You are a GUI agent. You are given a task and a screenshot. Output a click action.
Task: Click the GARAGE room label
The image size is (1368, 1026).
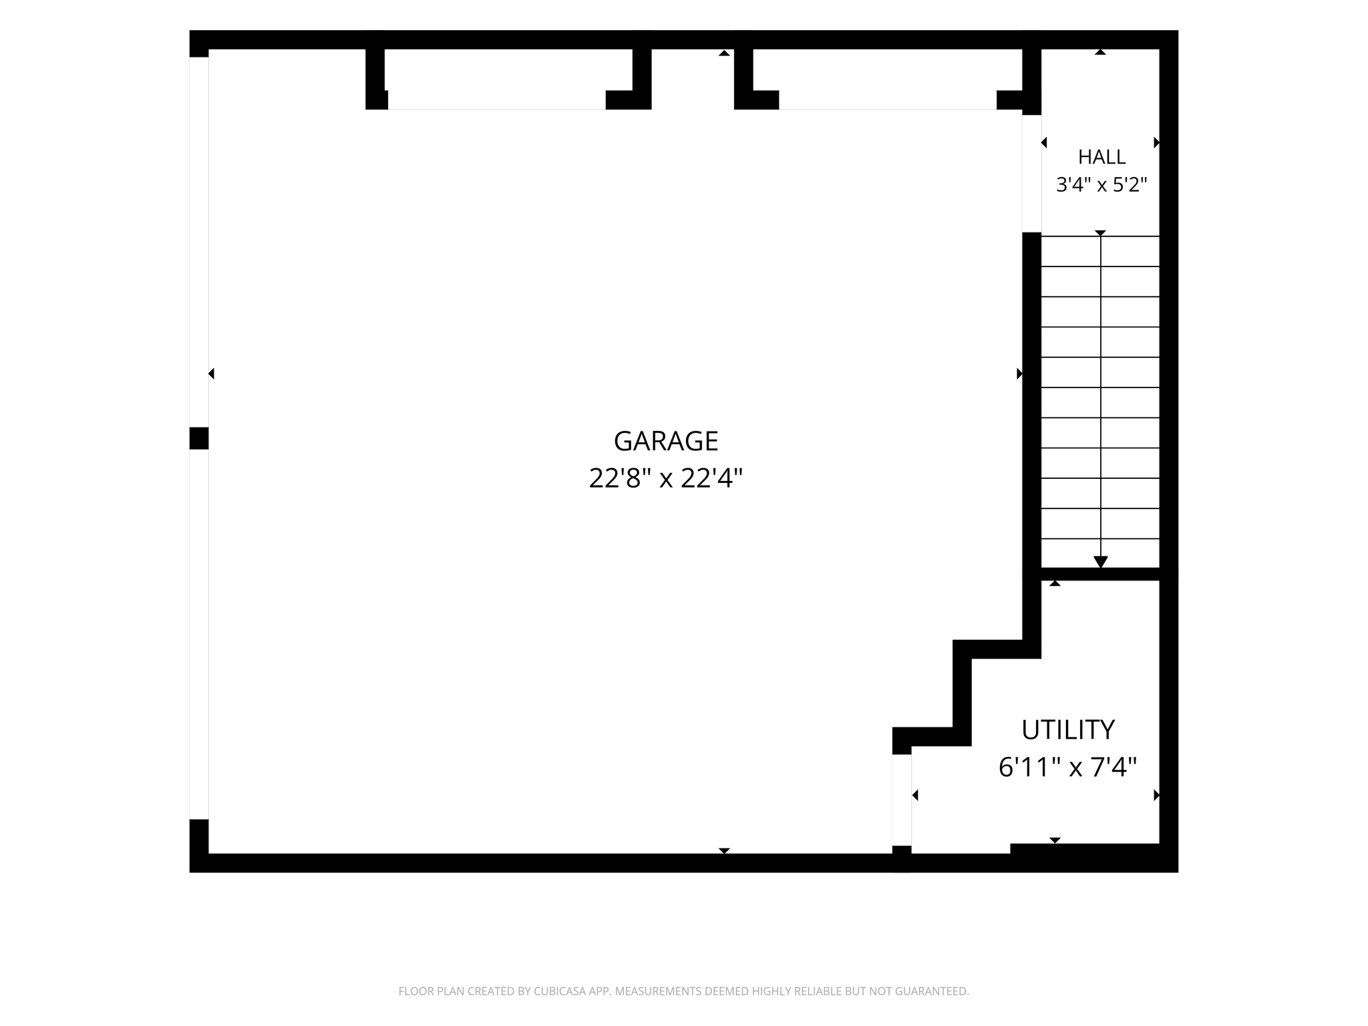tap(666, 442)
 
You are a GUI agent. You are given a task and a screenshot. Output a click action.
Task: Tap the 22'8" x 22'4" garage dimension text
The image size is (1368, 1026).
tap(666, 478)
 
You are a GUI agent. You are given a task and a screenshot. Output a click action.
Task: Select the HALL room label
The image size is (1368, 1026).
tap(1101, 157)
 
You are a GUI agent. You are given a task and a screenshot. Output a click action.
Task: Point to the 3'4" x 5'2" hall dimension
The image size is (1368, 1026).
tap(1101, 184)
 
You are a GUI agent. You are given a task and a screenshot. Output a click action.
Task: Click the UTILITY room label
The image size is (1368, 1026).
tap(1068, 730)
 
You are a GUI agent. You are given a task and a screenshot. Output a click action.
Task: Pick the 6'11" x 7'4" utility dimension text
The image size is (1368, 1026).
tap(1067, 767)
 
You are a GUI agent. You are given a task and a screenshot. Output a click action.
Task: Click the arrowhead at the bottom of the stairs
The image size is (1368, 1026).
tap(1101, 562)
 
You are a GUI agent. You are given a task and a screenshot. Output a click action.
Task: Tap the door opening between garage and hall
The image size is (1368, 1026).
tap(1031, 174)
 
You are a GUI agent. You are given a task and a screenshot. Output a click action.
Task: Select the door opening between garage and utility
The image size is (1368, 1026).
tap(902, 800)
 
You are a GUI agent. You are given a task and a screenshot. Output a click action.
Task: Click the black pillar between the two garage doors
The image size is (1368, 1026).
tap(199, 438)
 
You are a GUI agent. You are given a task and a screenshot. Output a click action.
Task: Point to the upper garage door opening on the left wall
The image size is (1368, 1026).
tap(199, 242)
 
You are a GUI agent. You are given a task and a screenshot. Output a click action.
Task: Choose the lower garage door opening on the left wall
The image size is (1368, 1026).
tap(199, 634)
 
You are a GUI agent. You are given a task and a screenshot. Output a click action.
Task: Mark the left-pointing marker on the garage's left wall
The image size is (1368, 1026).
tap(211, 373)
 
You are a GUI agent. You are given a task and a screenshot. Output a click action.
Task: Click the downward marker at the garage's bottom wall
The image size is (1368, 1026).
tap(724, 850)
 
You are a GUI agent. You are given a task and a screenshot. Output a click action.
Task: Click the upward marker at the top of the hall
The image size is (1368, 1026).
tap(1100, 52)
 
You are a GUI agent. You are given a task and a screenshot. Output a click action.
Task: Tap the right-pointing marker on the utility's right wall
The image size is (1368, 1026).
tap(1156, 795)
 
